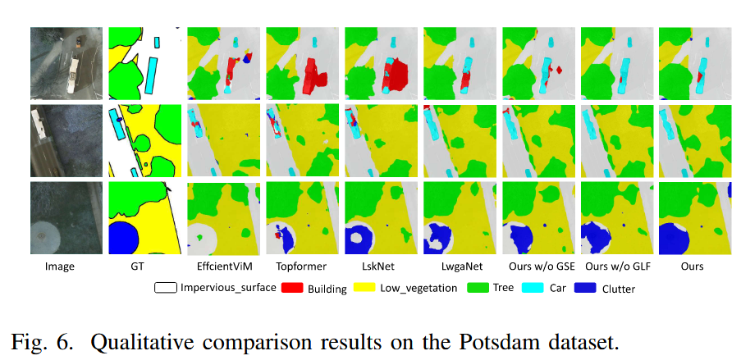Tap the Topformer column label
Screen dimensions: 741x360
pyautogui.click(x=301, y=267)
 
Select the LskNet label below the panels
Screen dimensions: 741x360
pyautogui.click(x=380, y=267)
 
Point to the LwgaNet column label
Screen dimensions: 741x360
pyautogui.click(x=459, y=267)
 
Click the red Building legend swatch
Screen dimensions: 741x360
pyautogui.click(x=292, y=287)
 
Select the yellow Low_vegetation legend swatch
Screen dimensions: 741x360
pyautogui.click(x=364, y=287)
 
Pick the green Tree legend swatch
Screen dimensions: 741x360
pyautogui.click(x=478, y=287)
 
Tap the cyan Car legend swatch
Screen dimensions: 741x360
pyautogui.click(x=533, y=287)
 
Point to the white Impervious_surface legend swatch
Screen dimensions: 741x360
pyautogui.click(x=166, y=287)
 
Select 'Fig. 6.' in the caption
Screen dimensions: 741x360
pyautogui.click(x=42, y=343)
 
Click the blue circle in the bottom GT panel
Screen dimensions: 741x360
pyautogui.click(x=123, y=238)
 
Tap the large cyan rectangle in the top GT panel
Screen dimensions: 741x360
pyautogui.click(x=152, y=74)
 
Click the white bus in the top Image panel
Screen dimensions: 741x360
pyautogui.click(x=72, y=75)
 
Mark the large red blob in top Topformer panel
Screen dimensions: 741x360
pyautogui.click(x=313, y=75)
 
